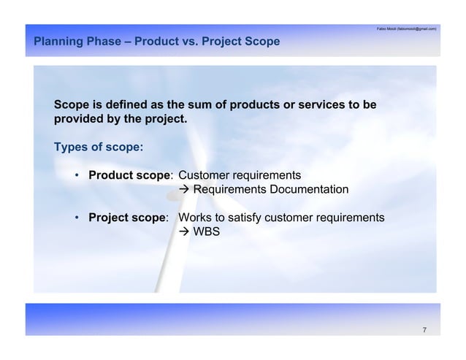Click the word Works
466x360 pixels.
195,218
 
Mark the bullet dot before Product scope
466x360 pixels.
77,176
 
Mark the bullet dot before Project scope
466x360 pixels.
77,218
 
